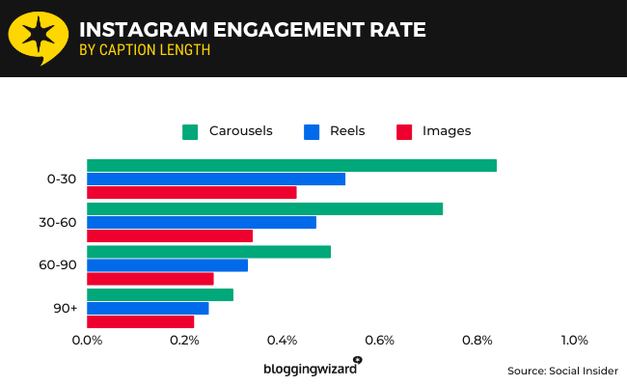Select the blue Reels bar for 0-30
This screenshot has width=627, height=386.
(216, 179)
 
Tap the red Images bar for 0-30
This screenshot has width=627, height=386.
(191, 192)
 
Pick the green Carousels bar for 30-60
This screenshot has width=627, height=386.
(264, 208)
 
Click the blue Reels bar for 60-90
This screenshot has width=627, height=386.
(167, 265)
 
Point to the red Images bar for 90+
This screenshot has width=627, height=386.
(140, 321)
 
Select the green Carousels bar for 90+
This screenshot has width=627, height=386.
(160, 294)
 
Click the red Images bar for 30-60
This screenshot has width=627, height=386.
(170, 235)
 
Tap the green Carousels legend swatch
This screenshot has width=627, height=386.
(190, 131)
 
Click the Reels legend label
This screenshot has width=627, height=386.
(347, 131)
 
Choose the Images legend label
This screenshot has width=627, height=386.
(447, 131)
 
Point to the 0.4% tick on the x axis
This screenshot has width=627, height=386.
(282, 340)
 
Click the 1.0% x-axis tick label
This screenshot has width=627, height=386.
(574, 340)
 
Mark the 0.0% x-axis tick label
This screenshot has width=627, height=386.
(87, 340)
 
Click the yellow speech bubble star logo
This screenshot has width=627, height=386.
(38, 38)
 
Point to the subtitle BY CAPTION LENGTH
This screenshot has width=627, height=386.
(144, 50)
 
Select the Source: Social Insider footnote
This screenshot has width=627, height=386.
(562, 371)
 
